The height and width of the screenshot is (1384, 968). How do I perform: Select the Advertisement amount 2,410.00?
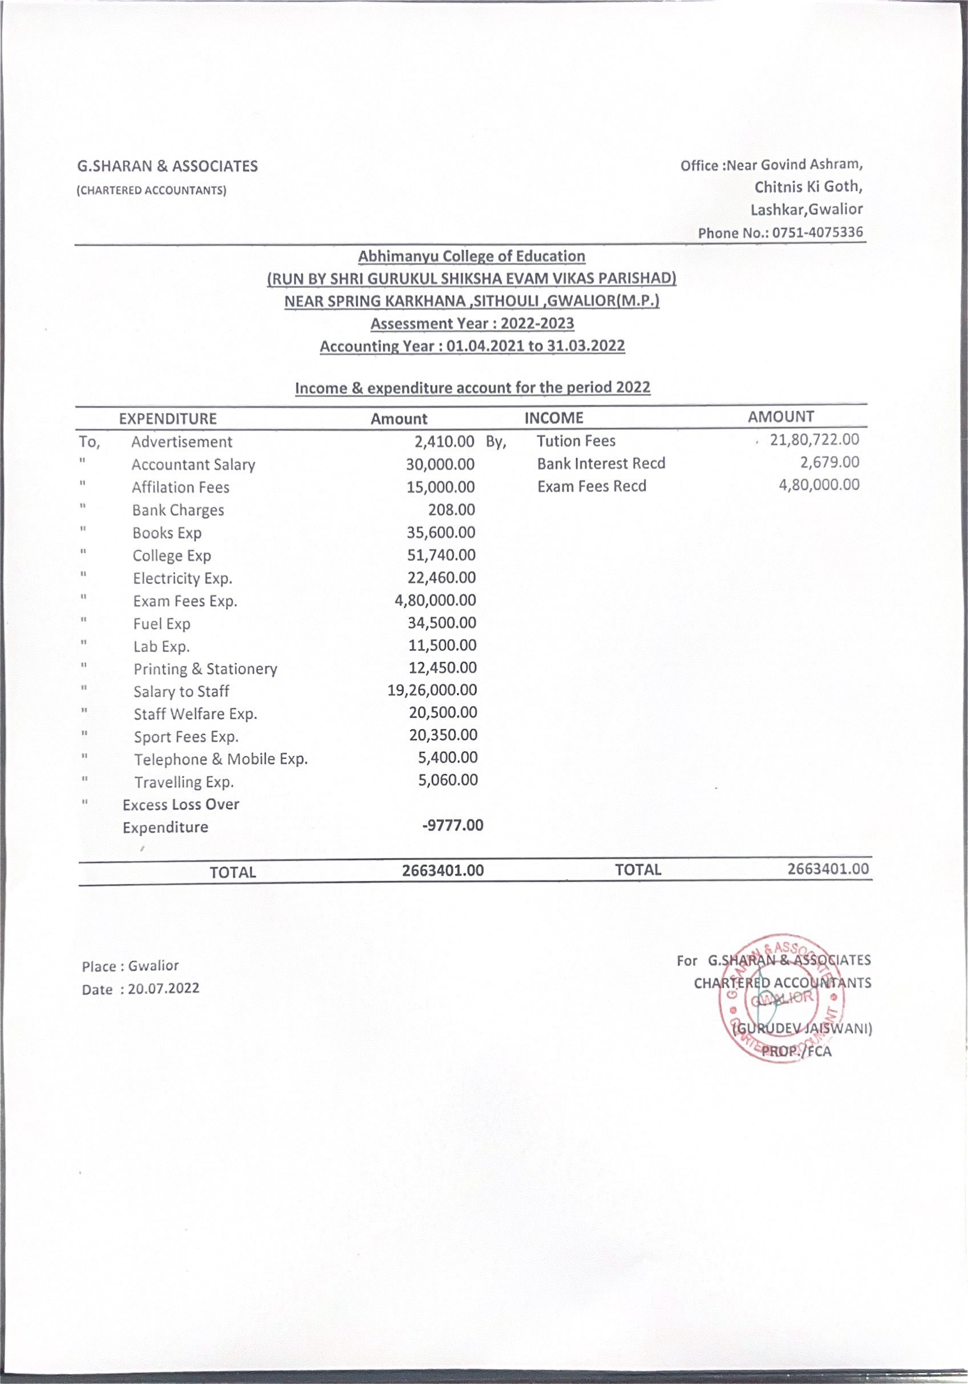coord(444,441)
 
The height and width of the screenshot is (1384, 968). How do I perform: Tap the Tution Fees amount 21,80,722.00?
coord(814,439)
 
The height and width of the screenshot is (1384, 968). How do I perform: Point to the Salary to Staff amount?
coord(432,690)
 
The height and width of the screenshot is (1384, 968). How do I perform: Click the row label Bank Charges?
coord(178,510)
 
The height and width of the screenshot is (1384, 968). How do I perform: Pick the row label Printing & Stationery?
coord(205,669)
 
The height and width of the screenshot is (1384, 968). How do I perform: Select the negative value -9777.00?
coord(452,825)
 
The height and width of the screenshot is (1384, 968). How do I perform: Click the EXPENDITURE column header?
coord(168,418)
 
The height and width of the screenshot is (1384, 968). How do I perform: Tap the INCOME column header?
coord(554,418)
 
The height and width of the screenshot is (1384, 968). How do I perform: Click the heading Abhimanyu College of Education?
coord(472,256)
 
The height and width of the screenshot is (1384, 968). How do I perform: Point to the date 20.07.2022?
coord(164,988)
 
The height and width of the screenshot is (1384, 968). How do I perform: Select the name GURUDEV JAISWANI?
coord(802,1028)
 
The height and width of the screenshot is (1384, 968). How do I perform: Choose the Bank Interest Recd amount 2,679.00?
coord(830,462)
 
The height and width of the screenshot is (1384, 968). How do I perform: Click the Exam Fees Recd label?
coord(592,486)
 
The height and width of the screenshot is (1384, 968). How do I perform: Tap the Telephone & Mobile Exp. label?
coord(221,759)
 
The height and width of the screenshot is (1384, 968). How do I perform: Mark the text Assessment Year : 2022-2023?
coord(472,324)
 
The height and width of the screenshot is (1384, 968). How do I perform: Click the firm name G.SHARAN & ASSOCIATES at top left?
coord(168,166)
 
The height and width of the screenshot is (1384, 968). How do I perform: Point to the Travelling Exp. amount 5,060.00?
coord(448,780)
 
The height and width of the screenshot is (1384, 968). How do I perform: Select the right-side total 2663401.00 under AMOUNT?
coord(828,869)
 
